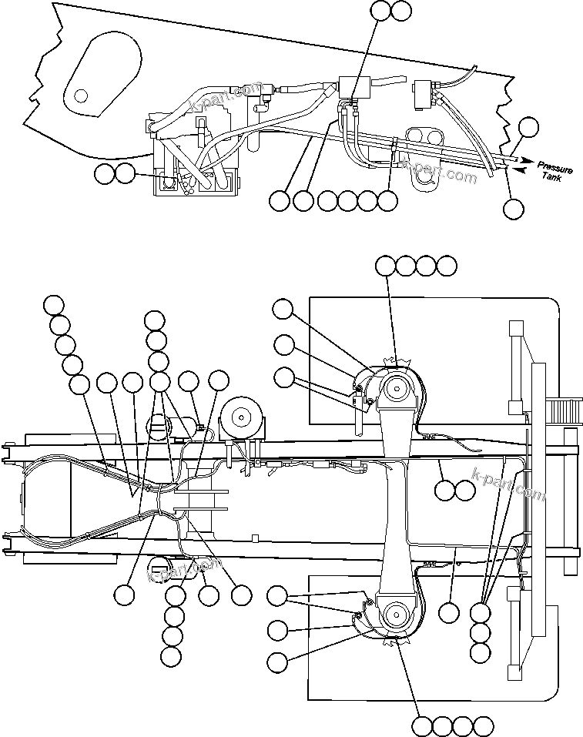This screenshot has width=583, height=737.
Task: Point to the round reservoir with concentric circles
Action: [242, 418]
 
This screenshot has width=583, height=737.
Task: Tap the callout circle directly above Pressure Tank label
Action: [528, 128]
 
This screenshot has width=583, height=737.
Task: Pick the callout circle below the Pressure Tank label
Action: [513, 208]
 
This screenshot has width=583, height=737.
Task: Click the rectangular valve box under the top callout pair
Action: [353, 86]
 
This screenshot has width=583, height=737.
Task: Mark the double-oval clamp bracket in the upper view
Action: [425, 136]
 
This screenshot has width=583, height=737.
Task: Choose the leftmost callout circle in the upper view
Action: [104, 174]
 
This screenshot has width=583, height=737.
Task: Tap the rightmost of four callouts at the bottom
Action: [483, 726]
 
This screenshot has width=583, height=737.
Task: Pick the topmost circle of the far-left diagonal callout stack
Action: [53, 304]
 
